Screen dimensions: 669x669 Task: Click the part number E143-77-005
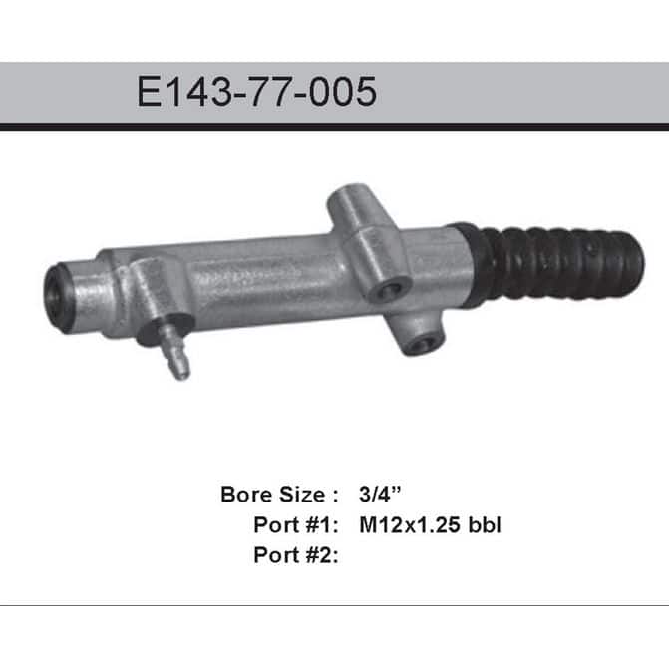256,92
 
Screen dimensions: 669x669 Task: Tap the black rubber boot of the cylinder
550,264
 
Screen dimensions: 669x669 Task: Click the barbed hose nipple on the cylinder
175,352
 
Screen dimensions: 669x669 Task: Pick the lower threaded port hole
424,342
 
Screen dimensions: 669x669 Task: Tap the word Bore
246,495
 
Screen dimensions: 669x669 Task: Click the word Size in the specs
302,495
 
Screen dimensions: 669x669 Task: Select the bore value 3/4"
380,495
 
